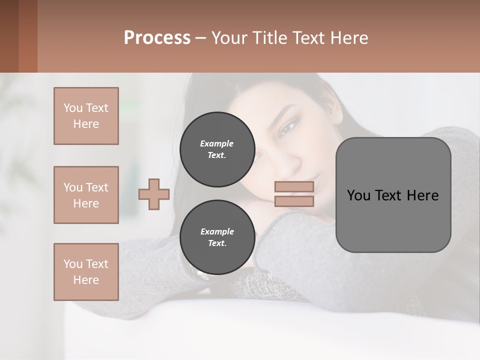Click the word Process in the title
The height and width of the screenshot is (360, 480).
point(157,38)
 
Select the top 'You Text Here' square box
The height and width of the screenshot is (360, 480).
point(86,116)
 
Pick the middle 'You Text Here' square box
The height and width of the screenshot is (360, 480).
point(86,195)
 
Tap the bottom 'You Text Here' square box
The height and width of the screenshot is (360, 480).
point(86,272)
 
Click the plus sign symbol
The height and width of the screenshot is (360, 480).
point(154,194)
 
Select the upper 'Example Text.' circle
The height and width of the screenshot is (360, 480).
point(217,149)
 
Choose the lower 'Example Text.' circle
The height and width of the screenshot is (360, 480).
point(217,237)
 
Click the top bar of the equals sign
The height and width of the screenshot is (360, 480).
point(294,187)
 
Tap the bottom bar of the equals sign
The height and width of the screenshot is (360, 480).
point(294,201)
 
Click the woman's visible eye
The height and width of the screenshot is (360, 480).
point(286,129)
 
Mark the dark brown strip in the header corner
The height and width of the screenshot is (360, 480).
point(9,36)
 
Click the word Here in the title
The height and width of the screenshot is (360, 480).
point(350,38)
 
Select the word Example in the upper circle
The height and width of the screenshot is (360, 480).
point(217,143)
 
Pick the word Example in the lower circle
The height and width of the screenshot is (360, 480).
point(217,231)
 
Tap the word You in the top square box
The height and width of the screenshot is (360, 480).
point(72,108)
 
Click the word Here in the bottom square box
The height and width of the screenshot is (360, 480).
point(86,280)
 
